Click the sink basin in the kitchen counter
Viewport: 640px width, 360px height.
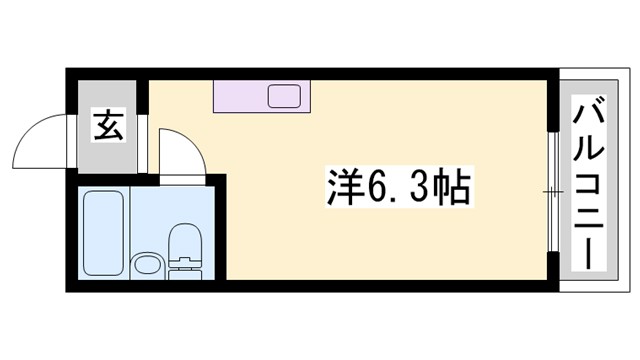pyautogui.click(x=284, y=97)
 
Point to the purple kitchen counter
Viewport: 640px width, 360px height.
pyautogui.click(x=240, y=97)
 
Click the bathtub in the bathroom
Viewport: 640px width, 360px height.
pyautogui.click(x=104, y=232)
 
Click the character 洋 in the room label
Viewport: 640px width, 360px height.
pyautogui.click(x=344, y=187)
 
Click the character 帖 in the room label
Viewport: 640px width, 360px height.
pyautogui.click(x=449, y=187)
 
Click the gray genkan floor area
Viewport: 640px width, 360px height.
pyautogui.click(x=110, y=150)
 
